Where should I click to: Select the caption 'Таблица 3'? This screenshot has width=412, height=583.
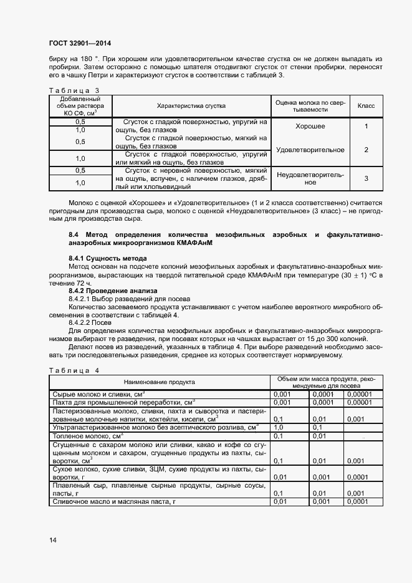click(74, 90)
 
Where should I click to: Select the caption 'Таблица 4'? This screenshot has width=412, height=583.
click(74, 370)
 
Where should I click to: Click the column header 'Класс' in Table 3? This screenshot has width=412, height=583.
click(366, 106)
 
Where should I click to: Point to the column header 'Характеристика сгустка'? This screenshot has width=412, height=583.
click(191, 106)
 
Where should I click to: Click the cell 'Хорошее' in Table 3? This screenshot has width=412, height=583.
click(310, 126)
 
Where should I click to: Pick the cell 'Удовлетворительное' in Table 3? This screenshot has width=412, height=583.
click(310, 150)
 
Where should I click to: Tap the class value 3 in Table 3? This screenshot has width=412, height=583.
click(366, 178)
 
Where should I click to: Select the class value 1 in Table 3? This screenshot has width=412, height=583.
click(366, 126)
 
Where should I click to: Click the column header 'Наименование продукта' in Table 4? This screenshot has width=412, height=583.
click(160, 382)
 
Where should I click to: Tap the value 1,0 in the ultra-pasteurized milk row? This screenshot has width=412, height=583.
click(279, 428)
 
